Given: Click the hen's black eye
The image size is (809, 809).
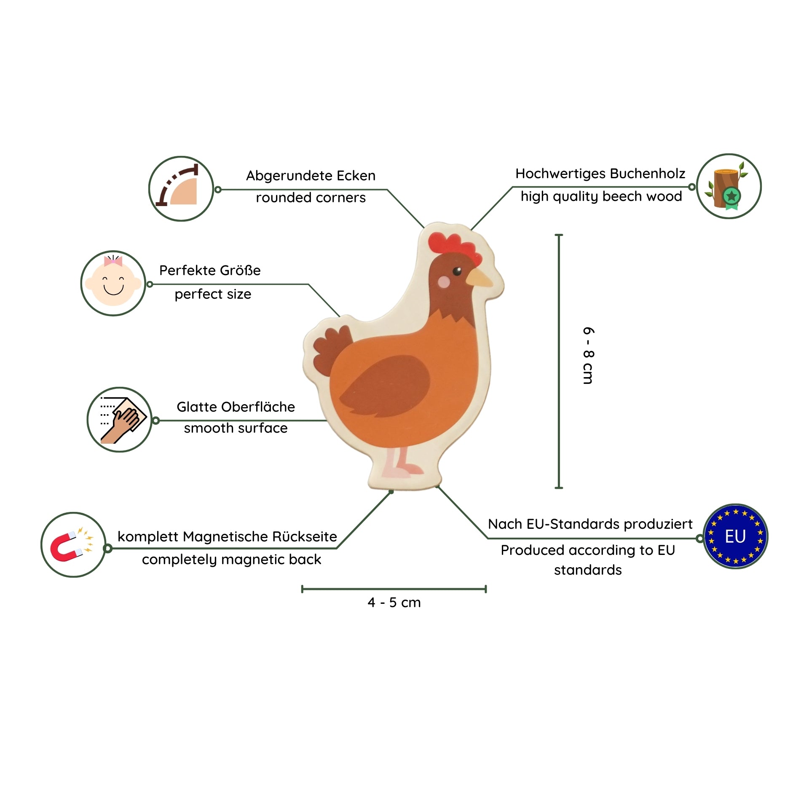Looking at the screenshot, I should [x=457, y=271].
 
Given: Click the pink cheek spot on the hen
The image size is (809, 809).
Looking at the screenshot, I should [x=444, y=281].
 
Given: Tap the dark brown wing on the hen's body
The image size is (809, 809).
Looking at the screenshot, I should [x=388, y=386].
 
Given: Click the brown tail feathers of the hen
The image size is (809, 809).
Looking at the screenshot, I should [x=331, y=350].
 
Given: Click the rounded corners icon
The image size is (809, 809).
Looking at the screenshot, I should [x=181, y=188].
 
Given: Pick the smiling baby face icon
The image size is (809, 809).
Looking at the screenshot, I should [x=113, y=283].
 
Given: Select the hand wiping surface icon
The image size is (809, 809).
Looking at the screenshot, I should [x=120, y=420].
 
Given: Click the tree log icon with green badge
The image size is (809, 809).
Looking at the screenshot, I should [x=729, y=186].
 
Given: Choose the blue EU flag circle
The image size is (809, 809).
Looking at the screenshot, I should [x=735, y=536].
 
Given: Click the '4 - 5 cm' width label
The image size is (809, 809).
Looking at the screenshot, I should [x=394, y=603].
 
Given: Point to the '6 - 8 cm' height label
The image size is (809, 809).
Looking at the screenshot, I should [x=588, y=355].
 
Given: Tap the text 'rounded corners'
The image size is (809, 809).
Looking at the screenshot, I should [x=311, y=198].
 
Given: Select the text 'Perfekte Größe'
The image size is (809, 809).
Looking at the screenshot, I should [x=210, y=271].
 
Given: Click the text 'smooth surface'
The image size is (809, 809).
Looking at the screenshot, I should [x=236, y=428].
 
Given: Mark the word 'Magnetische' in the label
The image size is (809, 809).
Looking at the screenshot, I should [x=225, y=537].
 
